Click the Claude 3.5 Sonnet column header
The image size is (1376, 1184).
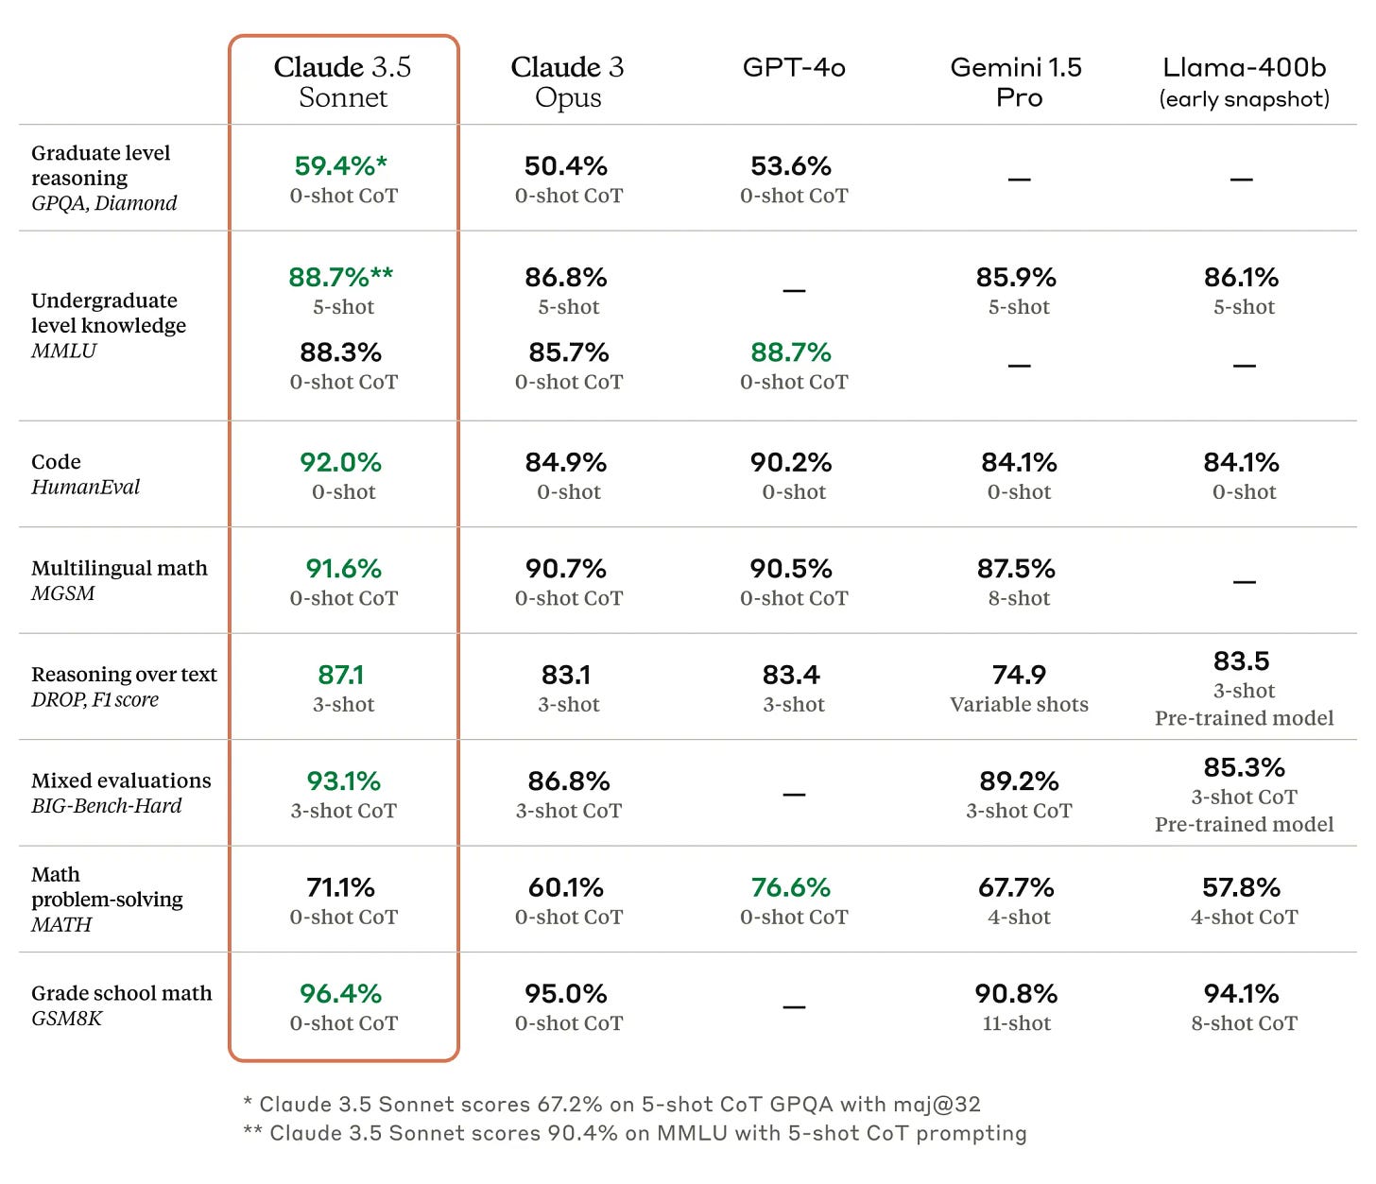(x=343, y=82)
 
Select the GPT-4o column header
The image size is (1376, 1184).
(x=794, y=67)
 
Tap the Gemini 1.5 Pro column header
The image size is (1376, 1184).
(x=1017, y=82)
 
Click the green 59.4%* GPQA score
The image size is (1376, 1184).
(x=341, y=166)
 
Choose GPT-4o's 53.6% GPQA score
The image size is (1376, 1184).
(x=791, y=166)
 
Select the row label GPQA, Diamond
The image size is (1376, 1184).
(x=104, y=203)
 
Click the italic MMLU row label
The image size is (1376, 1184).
(x=63, y=351)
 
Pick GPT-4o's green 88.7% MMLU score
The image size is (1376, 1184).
(x=791, y=352)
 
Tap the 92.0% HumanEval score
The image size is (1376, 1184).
(x=341, y=462)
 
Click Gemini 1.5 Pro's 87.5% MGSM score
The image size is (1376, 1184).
(x=1016, y=569)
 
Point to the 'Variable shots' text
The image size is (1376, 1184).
(x=1019, y=705)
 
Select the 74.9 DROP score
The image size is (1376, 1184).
(x=1019, y=675)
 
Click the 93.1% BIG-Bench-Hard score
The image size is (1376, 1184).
(x=343, y=781)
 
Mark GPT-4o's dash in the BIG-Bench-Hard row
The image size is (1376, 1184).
(x=794, y=795)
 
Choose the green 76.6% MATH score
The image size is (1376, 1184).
(x=791, y=887)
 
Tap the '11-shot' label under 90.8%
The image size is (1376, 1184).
(x=1016, y=1023)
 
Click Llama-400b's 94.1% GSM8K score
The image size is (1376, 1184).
(x=1241, y=994)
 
